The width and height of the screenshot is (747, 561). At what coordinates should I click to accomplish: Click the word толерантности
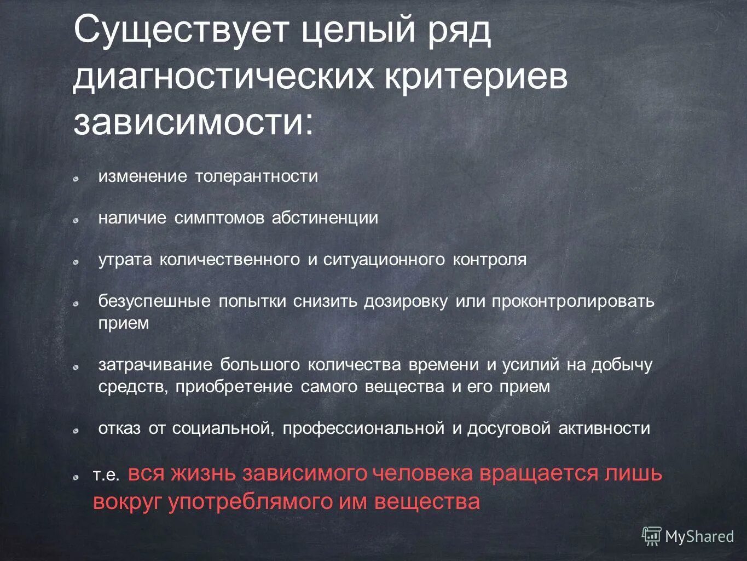click(x=257, y=176)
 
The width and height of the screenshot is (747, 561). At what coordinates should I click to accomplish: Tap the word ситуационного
click(x=384, y=260)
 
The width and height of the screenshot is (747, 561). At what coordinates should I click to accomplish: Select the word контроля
click(x=489, y=260)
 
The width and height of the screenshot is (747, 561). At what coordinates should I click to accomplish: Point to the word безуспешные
click(x=154, y=301)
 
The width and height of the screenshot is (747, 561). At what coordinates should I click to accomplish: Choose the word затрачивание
click(x=155, y=365)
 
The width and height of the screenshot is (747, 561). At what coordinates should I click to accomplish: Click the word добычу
click(x=622, y=365)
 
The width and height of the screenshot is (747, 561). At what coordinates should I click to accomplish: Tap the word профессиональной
click(x=363, y=428)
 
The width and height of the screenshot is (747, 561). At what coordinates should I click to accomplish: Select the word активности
click(x=604, y=428)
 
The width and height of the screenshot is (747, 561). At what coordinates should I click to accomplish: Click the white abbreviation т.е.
click(x=106, y=475)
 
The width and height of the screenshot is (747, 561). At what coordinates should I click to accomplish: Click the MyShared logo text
click(x=699, y=537)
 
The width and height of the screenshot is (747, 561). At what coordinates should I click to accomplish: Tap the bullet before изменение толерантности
click(x=77, y=179)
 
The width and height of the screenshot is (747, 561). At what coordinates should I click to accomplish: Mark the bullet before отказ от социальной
click(x=77, y=431)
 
